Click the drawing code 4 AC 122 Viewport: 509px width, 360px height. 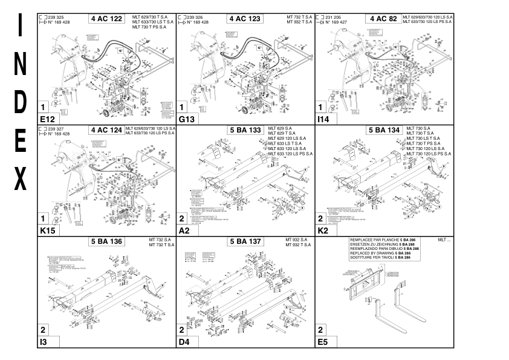tap(106, 19)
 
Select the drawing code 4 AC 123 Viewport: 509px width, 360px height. tap(245, 19)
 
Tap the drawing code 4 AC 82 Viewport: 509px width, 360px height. tap(383, 19)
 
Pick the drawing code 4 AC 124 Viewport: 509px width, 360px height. tap(106, 130)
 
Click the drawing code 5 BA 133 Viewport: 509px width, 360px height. tap(245, 130)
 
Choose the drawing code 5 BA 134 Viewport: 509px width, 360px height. tap(384, 130)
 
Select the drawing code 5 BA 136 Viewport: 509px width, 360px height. tap(106, 241)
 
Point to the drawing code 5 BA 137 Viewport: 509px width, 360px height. tap(245, 241)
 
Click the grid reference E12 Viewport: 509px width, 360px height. tap(47, 119)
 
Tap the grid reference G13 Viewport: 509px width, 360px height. tap(186, 119)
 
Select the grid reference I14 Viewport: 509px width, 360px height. tap(324, 119)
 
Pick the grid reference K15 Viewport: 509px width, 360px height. tap(47, 231)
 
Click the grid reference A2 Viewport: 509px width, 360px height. tap(184, 231)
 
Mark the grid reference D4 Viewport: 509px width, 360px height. tap(184, 342)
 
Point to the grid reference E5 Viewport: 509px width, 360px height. tap(323, 342)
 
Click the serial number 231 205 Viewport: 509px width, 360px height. tap(334, 18)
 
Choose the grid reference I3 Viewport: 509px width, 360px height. tap(44, 342)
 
